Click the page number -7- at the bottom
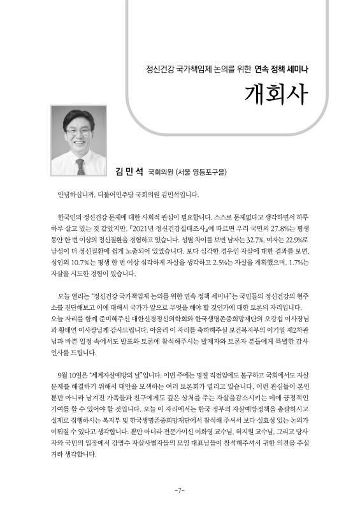click(x=180, y=490)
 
